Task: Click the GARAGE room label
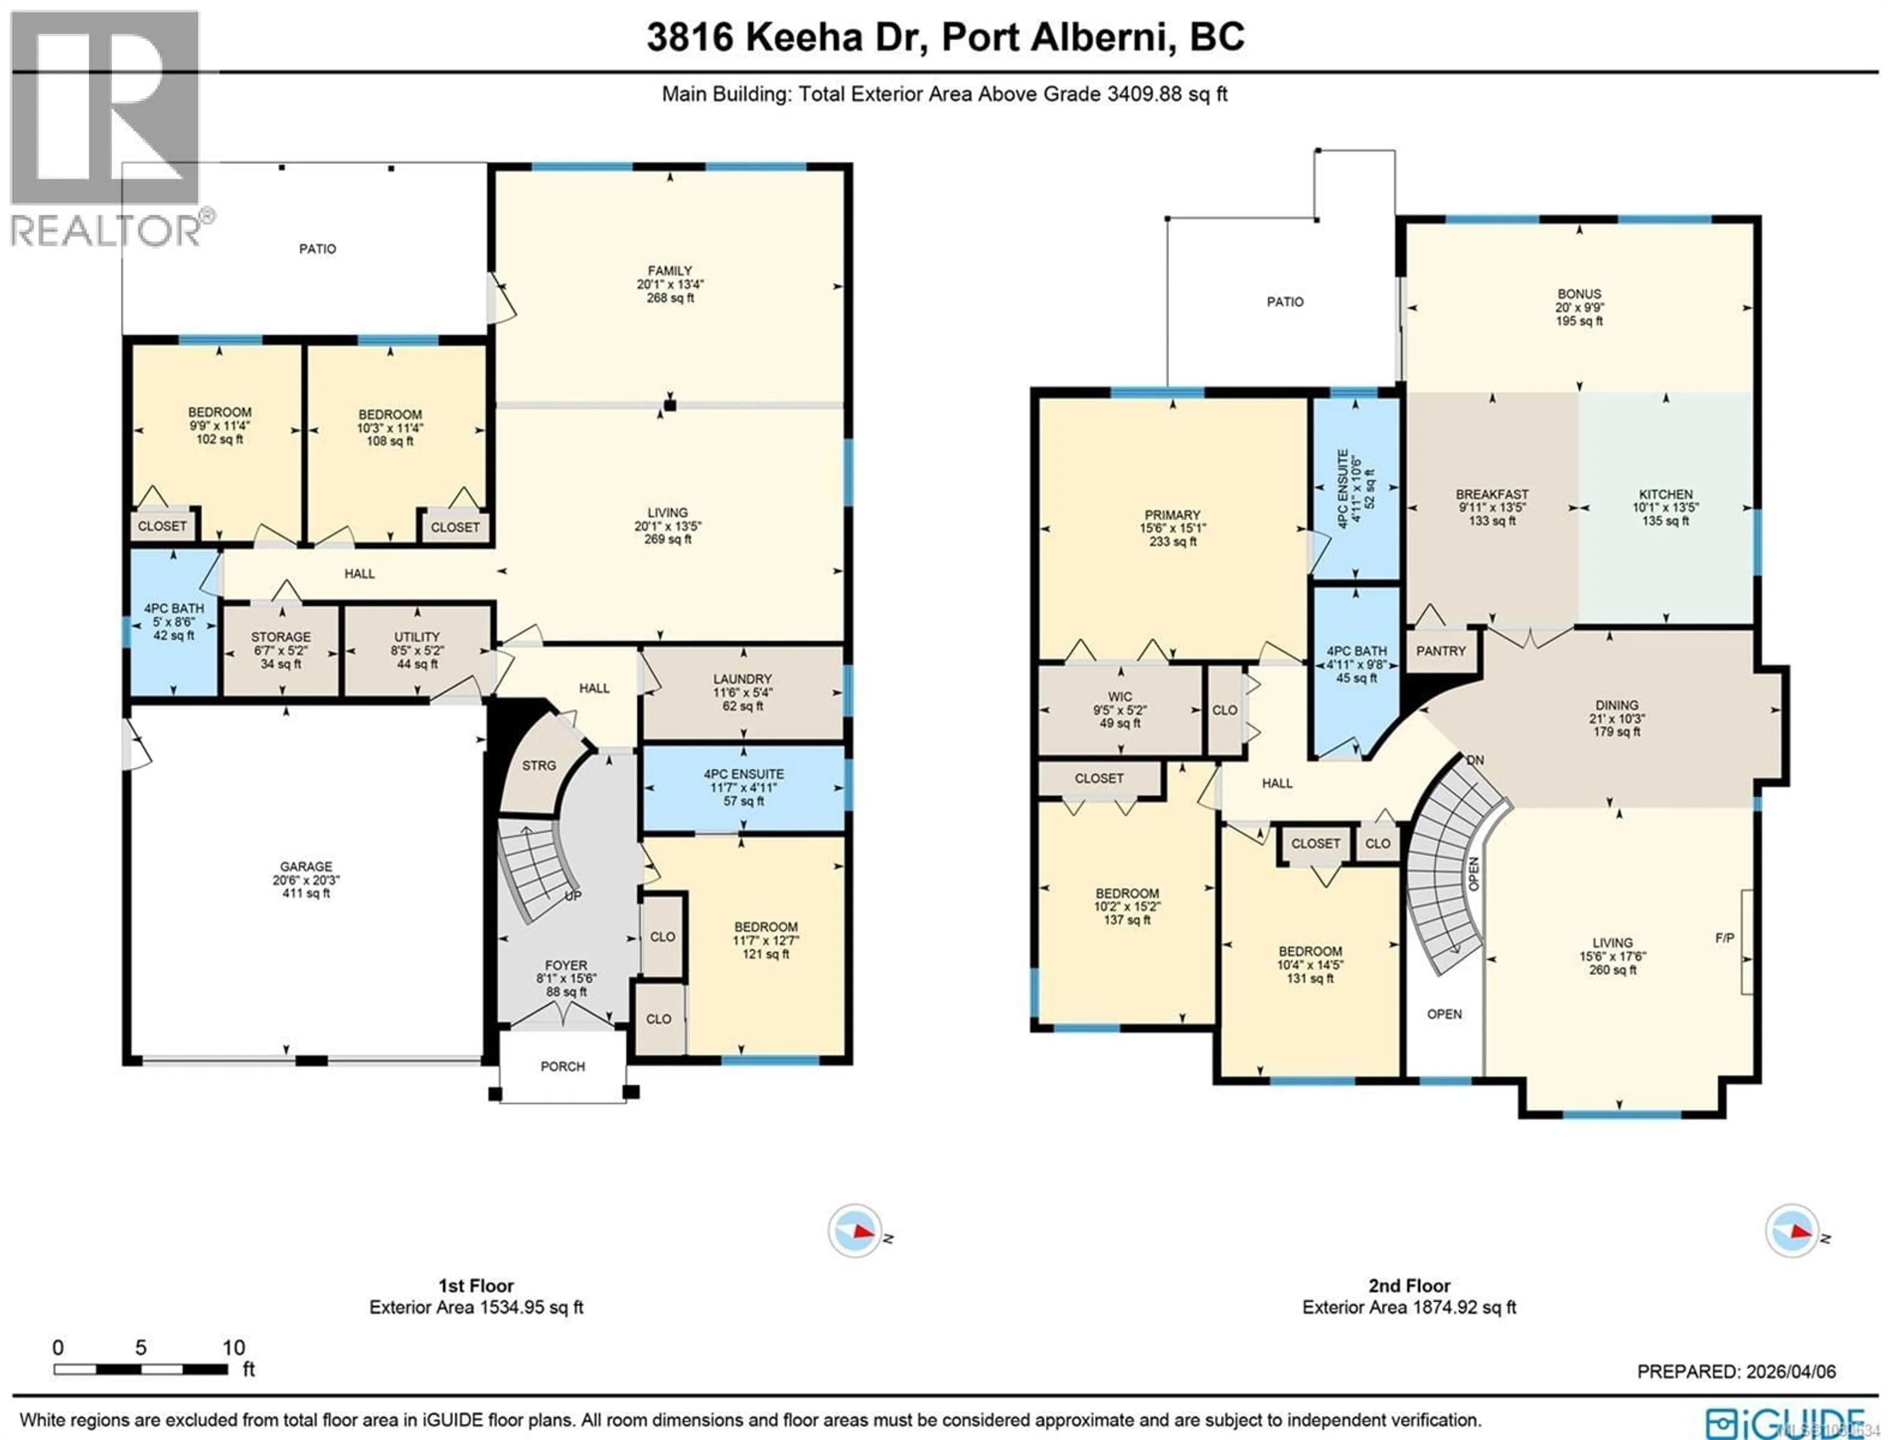305,867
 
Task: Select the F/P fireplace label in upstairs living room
1724,938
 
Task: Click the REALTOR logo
105,128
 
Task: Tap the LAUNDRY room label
742,679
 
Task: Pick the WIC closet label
1119,697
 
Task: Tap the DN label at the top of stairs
1475,760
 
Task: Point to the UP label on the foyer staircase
572,896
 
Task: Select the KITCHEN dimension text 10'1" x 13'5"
1665,508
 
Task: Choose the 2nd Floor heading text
1409,1286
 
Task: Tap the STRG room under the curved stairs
538,765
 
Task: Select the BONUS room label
1579,294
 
